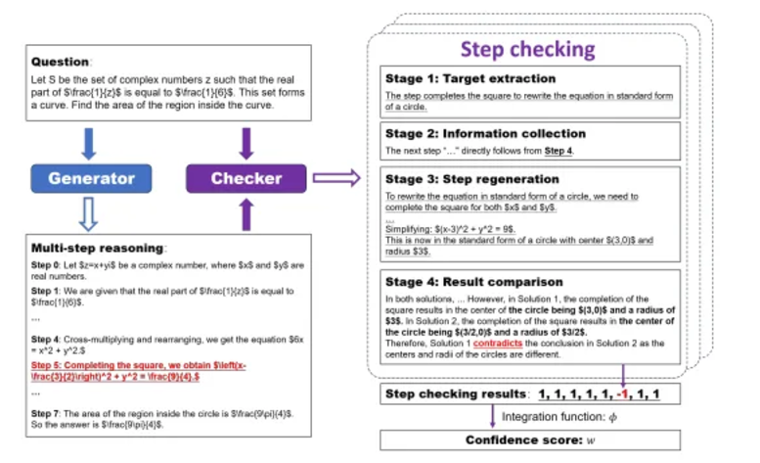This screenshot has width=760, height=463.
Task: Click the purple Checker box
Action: click(246, 178)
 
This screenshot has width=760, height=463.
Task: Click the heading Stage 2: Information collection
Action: click(485, 133)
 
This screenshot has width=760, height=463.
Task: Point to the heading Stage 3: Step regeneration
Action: click(472, 179)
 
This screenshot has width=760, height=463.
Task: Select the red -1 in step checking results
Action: click(622, 395)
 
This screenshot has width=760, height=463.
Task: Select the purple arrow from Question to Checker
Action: click(246, 144)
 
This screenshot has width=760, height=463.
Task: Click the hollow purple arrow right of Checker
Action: click(335, 178)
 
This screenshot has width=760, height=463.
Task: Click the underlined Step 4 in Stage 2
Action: click(559, 152)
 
